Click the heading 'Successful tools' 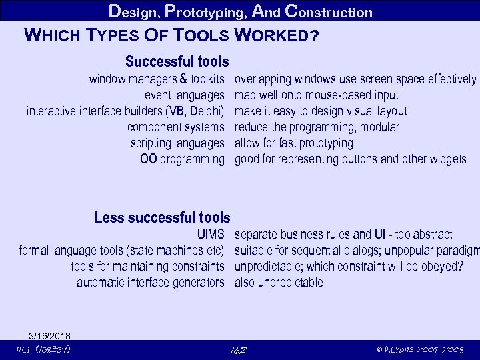(x=177, y=62)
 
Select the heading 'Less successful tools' (x=162, y=217)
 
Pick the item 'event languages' (x=185, y=95)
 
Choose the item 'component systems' (x=175, y=127)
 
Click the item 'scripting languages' (x=177, y=143)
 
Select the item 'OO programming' (x=182, y=159)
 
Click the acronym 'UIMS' (x=210, y=234)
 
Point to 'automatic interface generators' (x=150, y=282)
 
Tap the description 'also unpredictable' (x=279, y=282)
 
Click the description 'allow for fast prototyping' (x=294, y=143)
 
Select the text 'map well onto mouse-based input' (x=317, y=95)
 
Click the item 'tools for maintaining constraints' (x=147, y=266)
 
